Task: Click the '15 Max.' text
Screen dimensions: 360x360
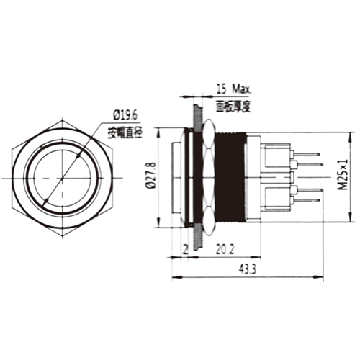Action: tap(232, 90)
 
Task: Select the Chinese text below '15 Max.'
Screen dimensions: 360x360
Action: tap(232, 105)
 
